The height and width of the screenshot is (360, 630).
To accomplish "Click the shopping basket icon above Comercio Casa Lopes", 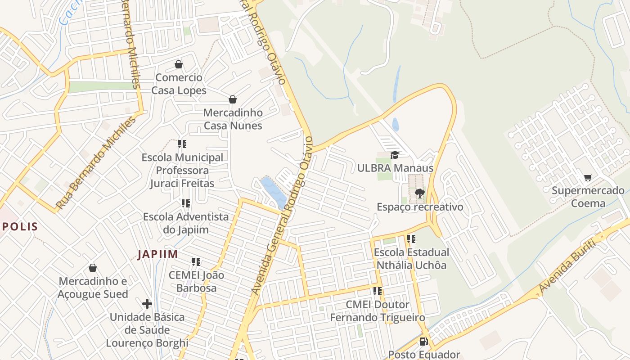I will tap(179, 64).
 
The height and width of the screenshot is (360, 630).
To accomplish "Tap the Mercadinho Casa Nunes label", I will tap(233, 119).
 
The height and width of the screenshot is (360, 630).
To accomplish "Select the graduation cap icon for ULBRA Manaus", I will tap(395, 155).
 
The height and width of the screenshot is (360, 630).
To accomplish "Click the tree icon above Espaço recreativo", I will tap(419, 193).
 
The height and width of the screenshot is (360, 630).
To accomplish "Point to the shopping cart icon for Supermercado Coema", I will tap(588, 177).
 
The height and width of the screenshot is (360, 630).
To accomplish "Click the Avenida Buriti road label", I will tap(568, 266).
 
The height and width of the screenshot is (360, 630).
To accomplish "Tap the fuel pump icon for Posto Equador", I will tap(423, 342).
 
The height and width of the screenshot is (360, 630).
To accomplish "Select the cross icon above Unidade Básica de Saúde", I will tap(147, 304).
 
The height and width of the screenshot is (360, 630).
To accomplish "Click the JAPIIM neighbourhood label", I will tap(157, 254).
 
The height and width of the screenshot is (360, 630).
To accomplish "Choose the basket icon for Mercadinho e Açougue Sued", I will tap(93, 268).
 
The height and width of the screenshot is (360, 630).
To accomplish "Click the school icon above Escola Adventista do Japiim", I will tap(186, 203).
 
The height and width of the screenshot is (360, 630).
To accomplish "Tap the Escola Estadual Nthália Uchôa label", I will tap(411, 259).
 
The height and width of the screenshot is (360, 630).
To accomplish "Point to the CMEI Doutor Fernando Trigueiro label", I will tap(378, 311).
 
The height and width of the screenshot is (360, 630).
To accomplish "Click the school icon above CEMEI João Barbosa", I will tap(196, 261).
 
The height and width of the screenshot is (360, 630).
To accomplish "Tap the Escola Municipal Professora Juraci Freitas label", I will tap(182, 171).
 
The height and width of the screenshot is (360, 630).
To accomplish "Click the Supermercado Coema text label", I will tap(588, 197).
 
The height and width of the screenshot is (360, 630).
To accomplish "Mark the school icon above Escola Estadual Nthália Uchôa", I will tap(411, 239).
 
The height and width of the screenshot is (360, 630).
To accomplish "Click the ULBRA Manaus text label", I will tap(395, 168).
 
